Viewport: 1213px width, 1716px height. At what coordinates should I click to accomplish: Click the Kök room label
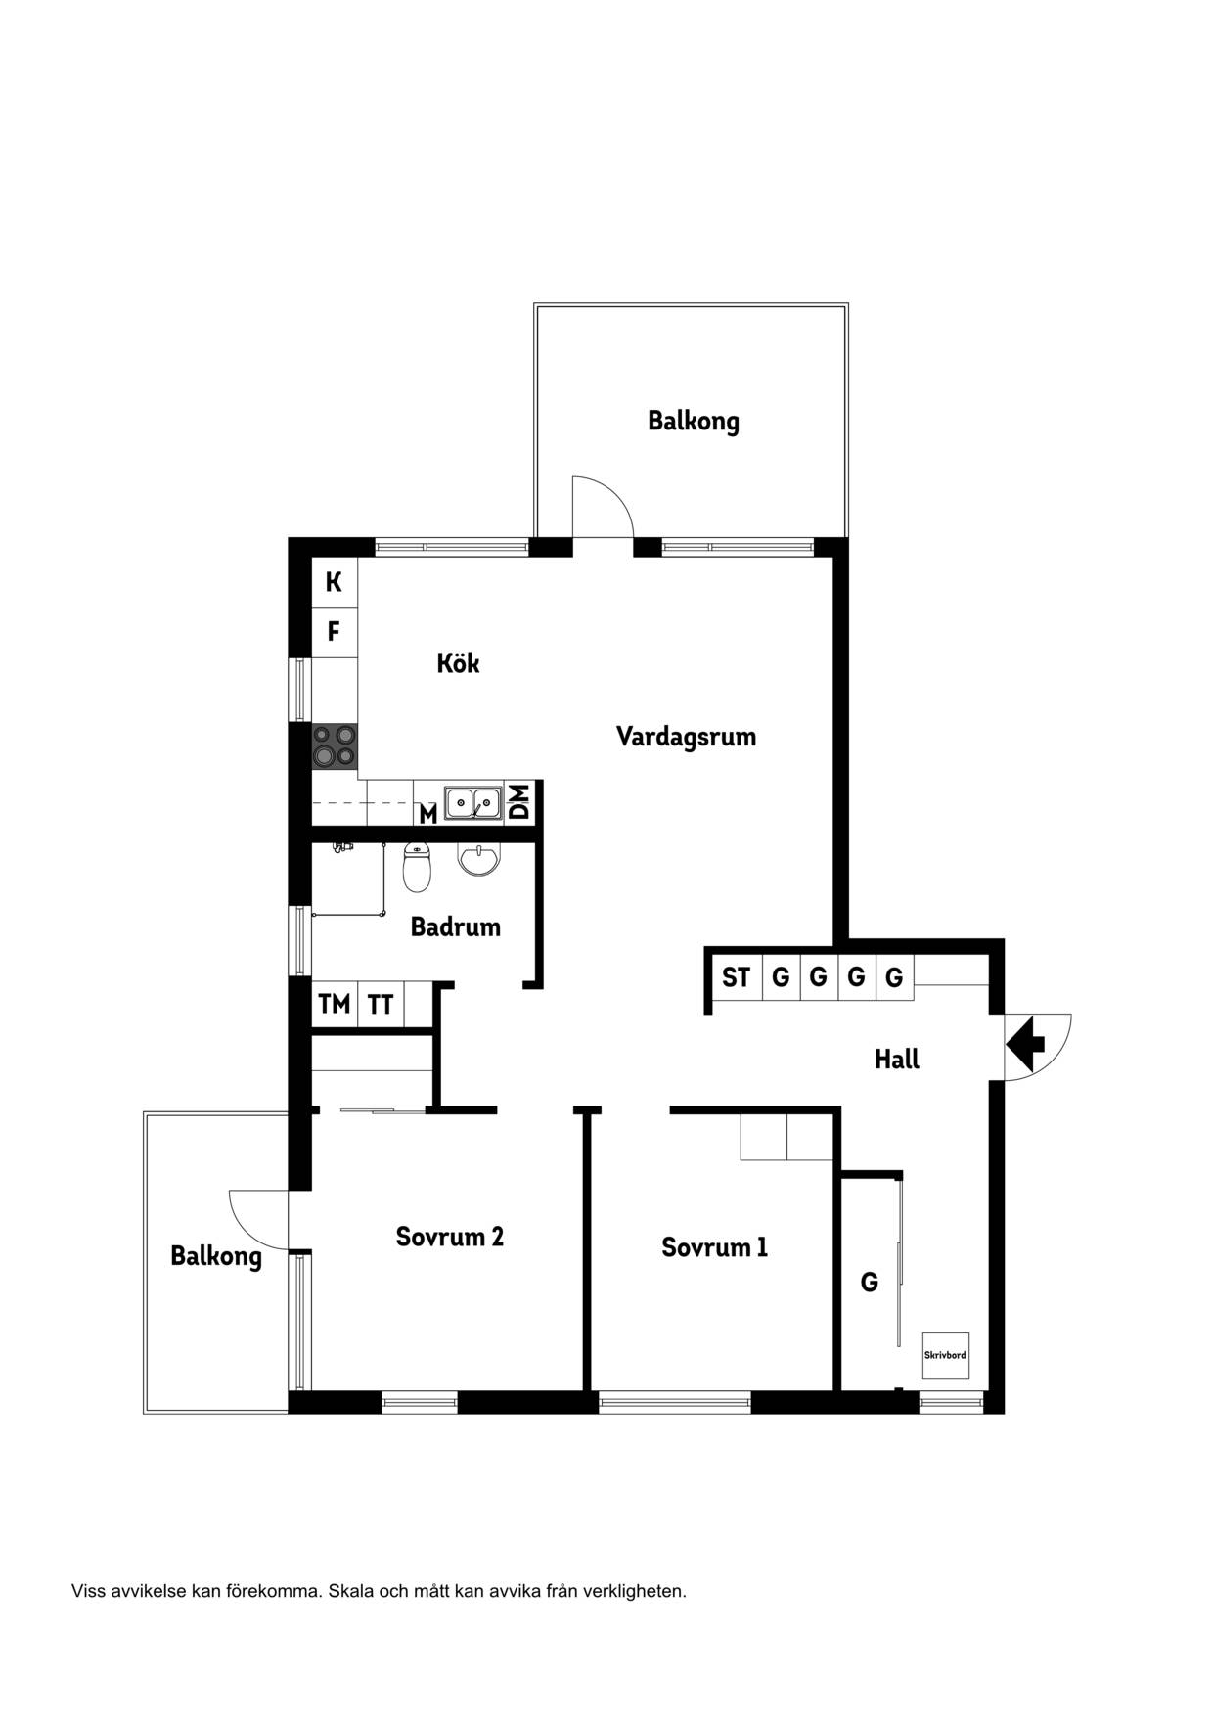coord(458,663)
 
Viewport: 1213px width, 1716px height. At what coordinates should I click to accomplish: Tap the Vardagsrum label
coord(686,737)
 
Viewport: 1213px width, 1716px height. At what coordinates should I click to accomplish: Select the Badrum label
coord(455,926)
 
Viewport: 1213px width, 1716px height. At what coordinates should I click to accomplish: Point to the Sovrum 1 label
coord(714,1247)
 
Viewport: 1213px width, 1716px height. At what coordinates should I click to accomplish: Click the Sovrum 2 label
coord(449,1237)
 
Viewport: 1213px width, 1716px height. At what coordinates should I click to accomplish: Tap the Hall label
coord(896,1060)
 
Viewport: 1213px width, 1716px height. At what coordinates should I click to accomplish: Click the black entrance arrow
coord(1025,1044)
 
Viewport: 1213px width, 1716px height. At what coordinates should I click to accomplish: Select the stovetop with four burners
coord(335,745)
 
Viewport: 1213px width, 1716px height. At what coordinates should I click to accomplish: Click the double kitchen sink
coord(472,803)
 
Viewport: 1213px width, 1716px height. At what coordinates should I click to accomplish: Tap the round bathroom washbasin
coord(478,859)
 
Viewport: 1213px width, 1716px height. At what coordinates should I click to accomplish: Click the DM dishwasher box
coord(518,802)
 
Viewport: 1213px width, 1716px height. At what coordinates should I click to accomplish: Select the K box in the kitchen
coord(335,582)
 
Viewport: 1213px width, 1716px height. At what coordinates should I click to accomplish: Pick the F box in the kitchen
coord(335,632)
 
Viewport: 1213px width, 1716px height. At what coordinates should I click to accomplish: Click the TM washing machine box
coord(335,1004)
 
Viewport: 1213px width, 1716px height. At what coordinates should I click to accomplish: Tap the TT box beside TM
coord(381,1004)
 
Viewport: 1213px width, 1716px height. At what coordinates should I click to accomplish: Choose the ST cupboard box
coord(737,976)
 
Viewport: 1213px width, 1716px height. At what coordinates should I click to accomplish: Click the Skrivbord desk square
coord(946,1356)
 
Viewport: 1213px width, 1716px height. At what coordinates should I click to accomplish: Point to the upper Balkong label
coord(693,422)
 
